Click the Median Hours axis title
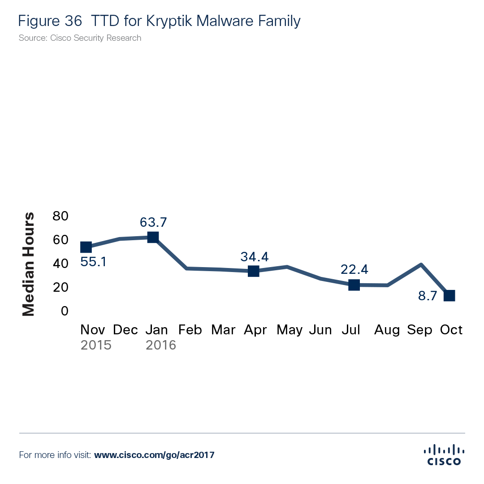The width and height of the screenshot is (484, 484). (29, 264)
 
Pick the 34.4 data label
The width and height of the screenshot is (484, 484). (254, 257)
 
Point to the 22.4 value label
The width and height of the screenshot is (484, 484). (354, 269)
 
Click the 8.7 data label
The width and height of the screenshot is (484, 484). (428, 296)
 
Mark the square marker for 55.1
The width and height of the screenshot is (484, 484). (86, 247)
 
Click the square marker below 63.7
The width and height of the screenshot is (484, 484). (153, 237)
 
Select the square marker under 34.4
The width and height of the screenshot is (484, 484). (254, 271)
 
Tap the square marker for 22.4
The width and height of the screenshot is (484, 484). (354, 285)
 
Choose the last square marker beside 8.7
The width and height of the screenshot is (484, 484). (449, 295)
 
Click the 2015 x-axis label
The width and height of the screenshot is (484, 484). (96, 345)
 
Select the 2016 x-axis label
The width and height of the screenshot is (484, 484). (161, 345)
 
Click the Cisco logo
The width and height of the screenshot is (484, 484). (444, 454)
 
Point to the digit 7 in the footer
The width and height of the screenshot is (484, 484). (212, 455)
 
